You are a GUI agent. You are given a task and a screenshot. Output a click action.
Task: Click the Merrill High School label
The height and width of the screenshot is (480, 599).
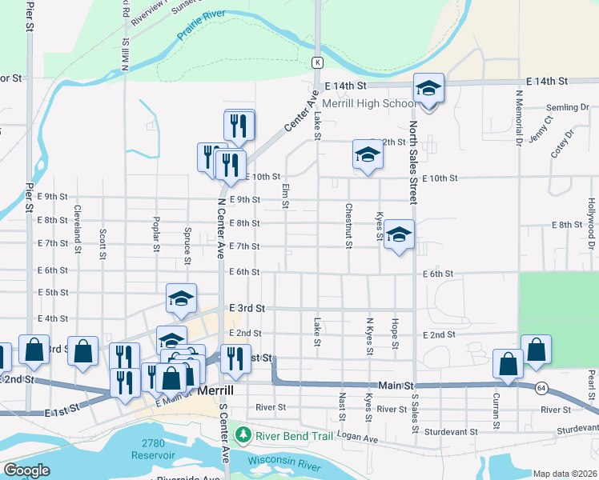pyautogui.click(x=368, y=104)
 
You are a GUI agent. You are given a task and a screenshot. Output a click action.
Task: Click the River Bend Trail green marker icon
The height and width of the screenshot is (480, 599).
pyautogui.click(x=244, y=435)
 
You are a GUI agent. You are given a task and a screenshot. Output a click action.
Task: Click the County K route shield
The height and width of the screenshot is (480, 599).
pyautogui.click(x=318, y=62)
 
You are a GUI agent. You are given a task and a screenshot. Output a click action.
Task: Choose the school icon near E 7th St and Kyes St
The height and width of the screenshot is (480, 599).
pyautogui.click(x=398, y=235)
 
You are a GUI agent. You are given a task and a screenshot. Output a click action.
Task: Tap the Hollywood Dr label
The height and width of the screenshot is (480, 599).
pyautogui.click(x=593, y=220)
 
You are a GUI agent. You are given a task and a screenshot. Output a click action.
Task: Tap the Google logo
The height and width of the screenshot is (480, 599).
pyautogui.click(x=26, y=470)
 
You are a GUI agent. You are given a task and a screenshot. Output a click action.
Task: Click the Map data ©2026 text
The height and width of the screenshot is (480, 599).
pyautogui.click(x=565, y=474)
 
